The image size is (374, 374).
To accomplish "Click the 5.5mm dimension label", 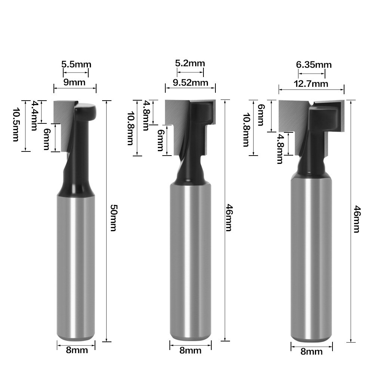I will pos(76,64).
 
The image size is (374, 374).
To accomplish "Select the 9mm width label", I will pos(74,82).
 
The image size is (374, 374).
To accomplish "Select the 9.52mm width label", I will pos(190,82).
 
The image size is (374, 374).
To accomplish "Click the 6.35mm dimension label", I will pos(314,65).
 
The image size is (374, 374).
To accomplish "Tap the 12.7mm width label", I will pos(311,83).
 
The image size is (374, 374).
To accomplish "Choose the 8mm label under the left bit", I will pos(77,350).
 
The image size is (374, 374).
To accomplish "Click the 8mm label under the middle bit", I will pos(190,350).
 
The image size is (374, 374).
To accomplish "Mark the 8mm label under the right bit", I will pos(312,352).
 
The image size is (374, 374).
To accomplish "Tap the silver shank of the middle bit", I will pos(190,262).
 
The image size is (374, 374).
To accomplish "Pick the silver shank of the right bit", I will pos(311,262).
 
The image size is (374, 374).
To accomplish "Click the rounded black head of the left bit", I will pos(85,110).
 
